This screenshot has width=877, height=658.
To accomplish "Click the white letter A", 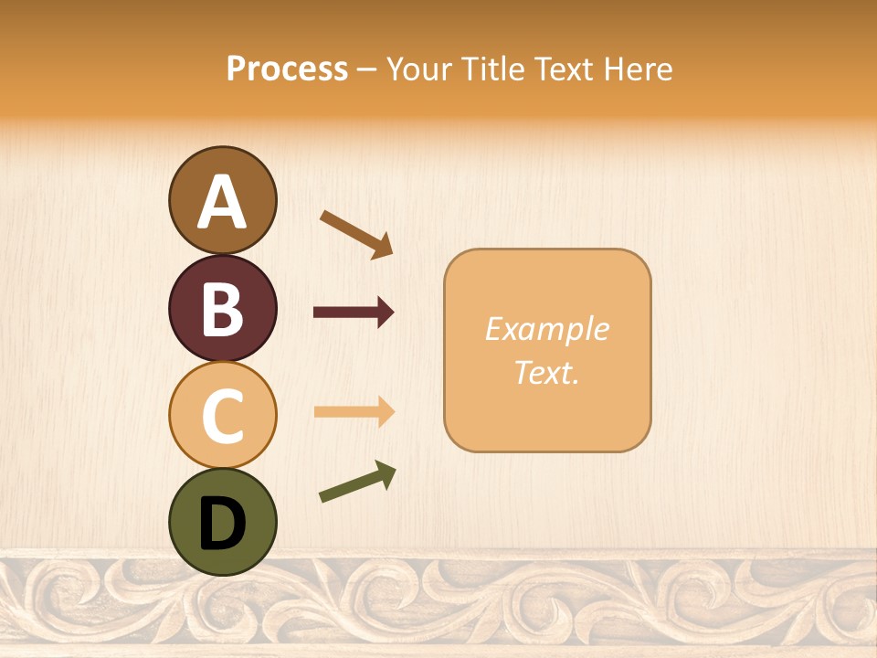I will tap(222, 203).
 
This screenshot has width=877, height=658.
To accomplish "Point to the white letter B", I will tap(222, 309).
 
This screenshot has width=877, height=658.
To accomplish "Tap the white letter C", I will tap(222, 416).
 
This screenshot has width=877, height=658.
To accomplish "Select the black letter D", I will tap(222, 524).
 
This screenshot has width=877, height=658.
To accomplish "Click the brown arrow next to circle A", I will tap(356, 233).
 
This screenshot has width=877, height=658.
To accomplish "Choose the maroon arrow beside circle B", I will tap(354, 313).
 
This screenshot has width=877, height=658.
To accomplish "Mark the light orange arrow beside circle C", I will tap(354, 412).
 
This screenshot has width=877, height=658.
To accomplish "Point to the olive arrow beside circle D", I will tap(357, 483).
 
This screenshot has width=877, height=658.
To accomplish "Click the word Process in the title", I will tap(287, 69).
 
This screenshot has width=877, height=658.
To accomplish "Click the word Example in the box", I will tap(546, 329).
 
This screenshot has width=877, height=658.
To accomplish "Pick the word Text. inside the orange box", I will tap(546, 372).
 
